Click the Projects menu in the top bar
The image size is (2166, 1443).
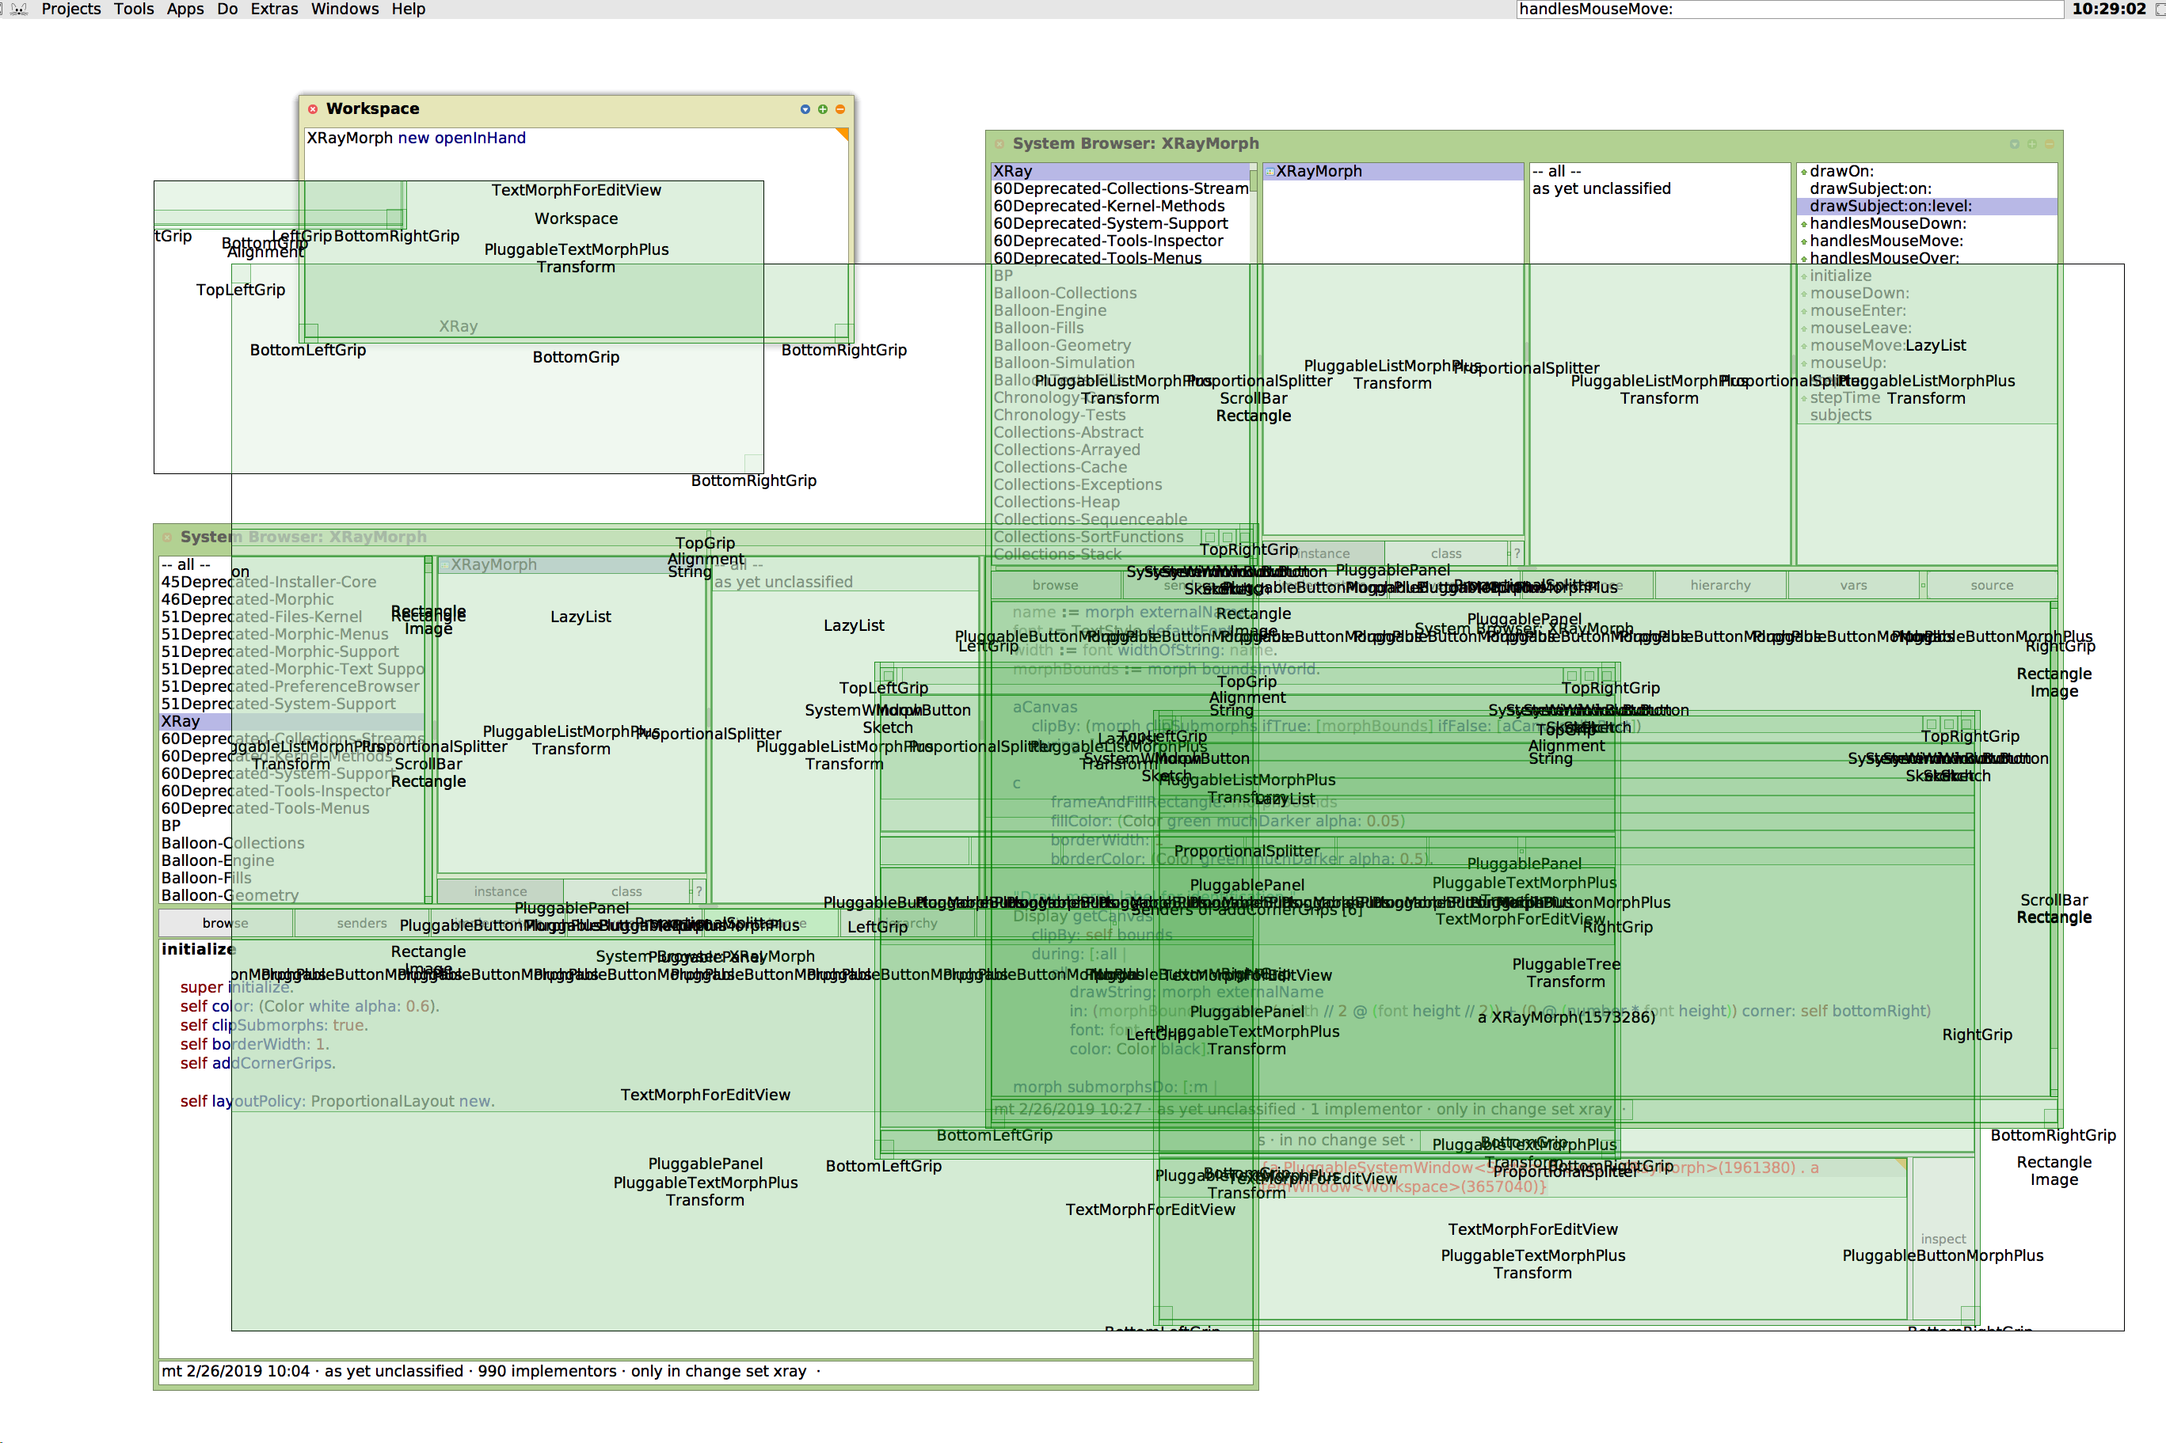[71, 9]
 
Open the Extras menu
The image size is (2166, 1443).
[273, 9]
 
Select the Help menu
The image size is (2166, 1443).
[408, 9]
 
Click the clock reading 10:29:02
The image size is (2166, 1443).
[2108, 9]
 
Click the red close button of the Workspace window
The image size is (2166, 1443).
[313, 108]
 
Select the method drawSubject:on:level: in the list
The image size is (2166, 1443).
[1890, 206]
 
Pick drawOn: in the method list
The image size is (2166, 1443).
[1841, 171]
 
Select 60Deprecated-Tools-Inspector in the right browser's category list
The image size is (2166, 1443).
[1107, 241]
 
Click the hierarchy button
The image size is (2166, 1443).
[1719, 585]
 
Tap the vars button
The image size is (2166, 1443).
[1853, 585]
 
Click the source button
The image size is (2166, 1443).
[1991, 585]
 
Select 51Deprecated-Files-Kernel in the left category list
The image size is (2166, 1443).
[261, 617]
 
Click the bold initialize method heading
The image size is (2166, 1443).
[198, 949]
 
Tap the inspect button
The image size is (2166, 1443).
[1943, 1239]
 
